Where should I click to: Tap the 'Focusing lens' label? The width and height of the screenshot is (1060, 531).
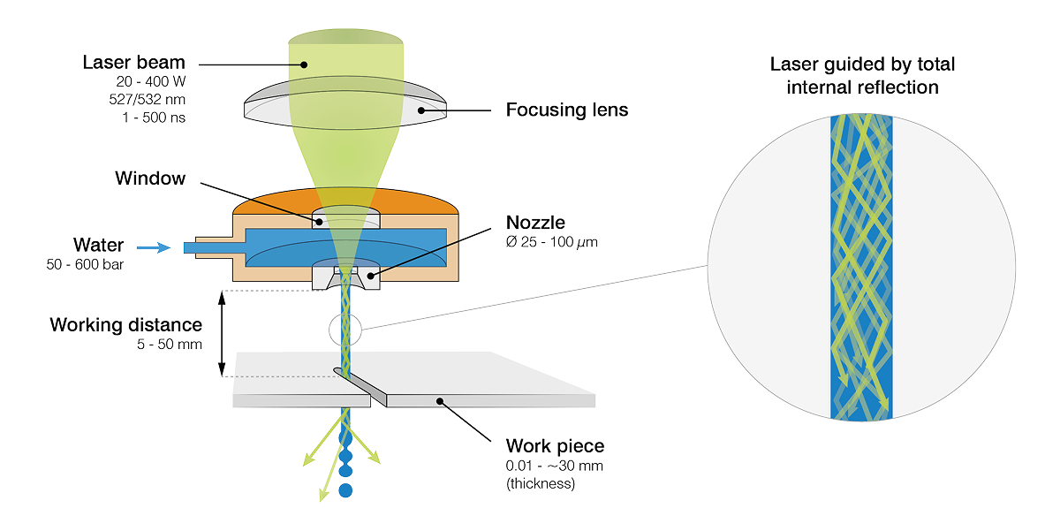(566, 111)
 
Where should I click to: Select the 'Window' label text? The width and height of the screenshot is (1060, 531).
(150, 179)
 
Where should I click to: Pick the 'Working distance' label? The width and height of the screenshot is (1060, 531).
(126, 324)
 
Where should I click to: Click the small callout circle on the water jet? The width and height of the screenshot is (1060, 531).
(344, 330)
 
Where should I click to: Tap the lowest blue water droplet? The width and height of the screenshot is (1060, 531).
(345, 489)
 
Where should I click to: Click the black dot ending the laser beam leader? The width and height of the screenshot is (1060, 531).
(303, 64)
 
